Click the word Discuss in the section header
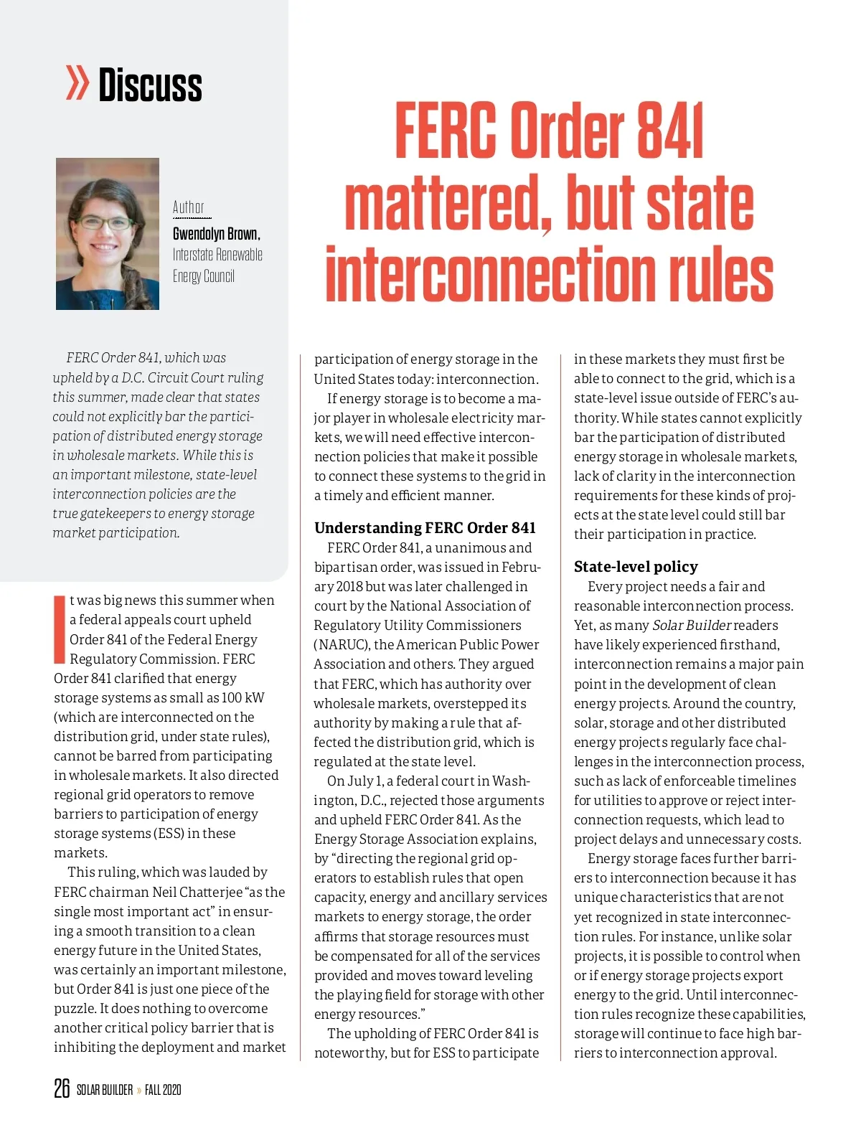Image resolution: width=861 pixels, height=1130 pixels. [150, 85]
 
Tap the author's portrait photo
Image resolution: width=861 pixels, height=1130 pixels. [108, 234]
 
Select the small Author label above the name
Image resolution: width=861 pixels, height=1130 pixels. [189, 207]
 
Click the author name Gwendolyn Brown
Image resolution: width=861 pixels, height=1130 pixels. [216, 234]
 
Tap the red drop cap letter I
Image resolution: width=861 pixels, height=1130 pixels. [60, 628]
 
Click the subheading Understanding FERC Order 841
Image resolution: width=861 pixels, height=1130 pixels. [425, 528]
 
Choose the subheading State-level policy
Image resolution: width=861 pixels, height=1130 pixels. [636, 567]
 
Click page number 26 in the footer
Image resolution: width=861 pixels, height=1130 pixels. [62, 1088]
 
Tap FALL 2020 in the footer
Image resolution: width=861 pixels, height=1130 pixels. [163, 1090]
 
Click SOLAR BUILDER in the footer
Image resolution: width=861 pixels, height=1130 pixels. [105, 1090]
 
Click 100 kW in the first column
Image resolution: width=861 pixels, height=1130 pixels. [243, 697]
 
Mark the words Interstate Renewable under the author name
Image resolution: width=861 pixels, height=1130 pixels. [217, 255]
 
